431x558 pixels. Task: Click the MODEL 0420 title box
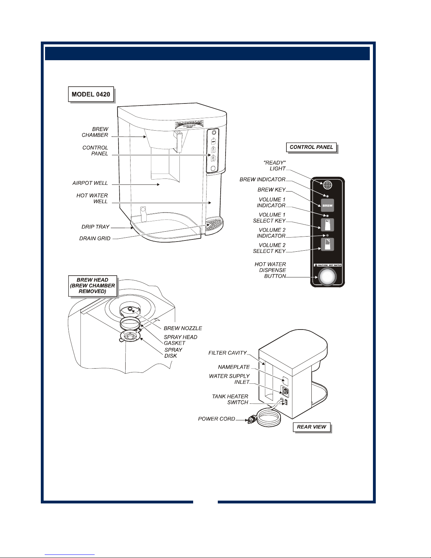(91, 94)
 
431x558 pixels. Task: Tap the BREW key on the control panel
(327, 205)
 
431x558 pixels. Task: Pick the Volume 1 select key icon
(327, 225)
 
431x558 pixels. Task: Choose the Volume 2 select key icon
(327, 244)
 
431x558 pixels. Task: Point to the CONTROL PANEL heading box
(311, 147)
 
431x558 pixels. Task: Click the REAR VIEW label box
(312, 427)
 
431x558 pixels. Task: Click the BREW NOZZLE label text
(183, 328)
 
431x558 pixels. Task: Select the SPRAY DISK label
(173, 353)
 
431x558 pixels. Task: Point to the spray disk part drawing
(131, 337)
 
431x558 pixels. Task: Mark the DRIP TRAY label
(95, 227)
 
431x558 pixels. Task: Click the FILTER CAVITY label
(228, 353)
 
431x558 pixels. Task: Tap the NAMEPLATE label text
(234, 367)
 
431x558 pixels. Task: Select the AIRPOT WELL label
(90, 183)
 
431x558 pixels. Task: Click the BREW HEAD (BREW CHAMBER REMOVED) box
(92, 286)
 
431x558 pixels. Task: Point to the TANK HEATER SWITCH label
(230, 399)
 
